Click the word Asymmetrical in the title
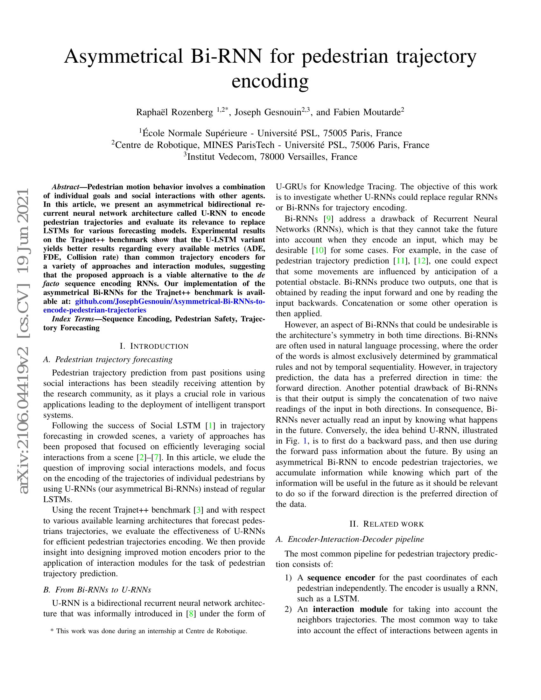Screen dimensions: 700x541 123,56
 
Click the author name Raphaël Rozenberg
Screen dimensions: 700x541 174,112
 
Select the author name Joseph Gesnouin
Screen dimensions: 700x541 268,112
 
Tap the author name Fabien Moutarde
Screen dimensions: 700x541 367,112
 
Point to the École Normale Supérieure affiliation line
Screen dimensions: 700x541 270,133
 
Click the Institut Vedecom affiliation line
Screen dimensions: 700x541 270,157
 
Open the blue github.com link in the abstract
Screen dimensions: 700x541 170,302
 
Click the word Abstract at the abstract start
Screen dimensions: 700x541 65,187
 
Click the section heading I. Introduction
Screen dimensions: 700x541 154,346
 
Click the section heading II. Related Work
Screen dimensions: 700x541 387,524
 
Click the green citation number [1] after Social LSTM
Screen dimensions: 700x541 210,426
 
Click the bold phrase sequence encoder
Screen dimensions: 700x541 341,577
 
